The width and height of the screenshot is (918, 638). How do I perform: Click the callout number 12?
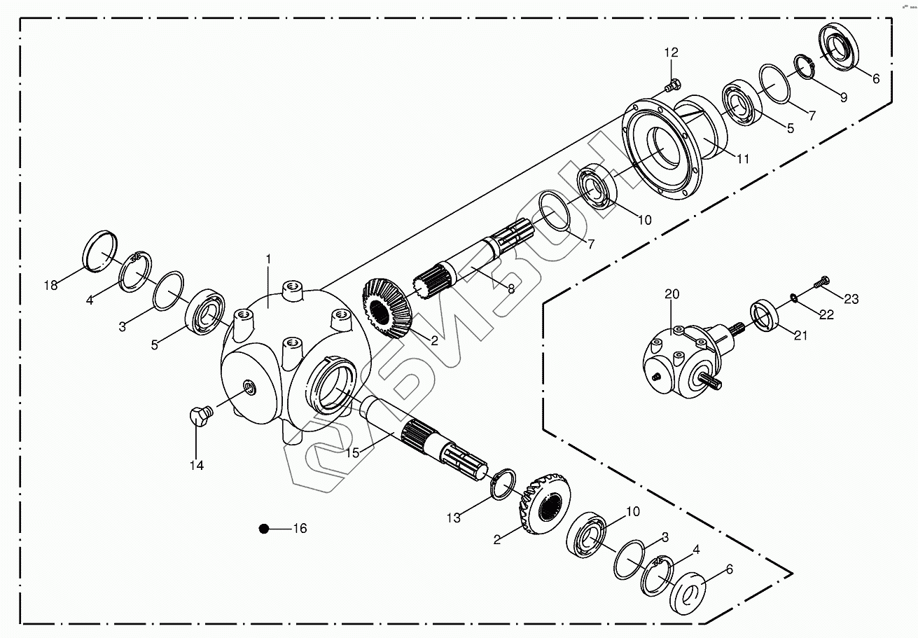click(672, 53)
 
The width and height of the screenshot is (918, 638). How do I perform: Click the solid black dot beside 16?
click(264, 529)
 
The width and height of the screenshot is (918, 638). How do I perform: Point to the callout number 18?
click(50, 285)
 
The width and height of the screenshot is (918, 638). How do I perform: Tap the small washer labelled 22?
click(794, 298)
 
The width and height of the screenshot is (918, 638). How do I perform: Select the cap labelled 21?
click(765, 313)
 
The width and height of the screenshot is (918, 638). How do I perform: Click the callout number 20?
click(672, 294)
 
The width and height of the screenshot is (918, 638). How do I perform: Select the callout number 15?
click(352, 453)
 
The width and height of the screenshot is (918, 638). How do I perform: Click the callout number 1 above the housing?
click(268, 259)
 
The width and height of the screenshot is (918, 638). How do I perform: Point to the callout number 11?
click(742, 159)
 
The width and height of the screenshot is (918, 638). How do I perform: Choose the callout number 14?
click(197, 465)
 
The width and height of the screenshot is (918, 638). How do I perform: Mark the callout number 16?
click(299, 529)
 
